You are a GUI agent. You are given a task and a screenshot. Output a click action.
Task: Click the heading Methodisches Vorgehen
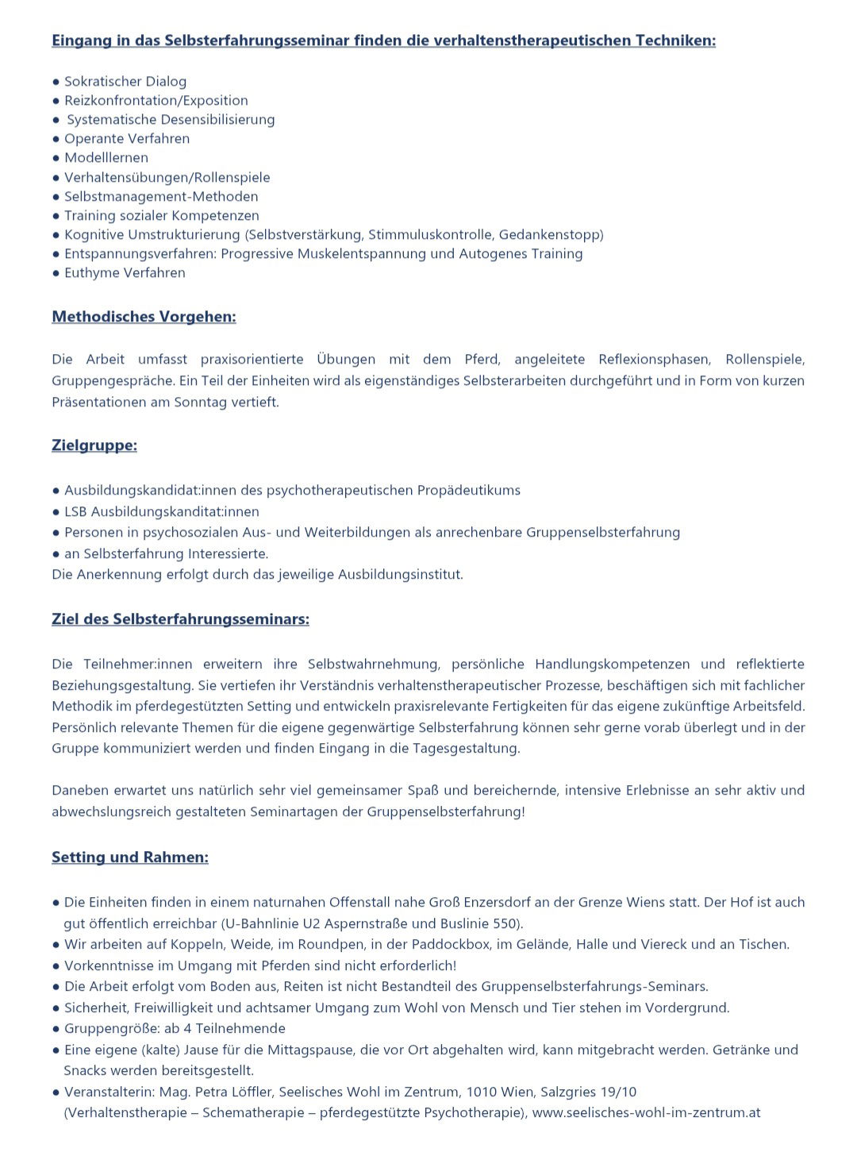point(144,317)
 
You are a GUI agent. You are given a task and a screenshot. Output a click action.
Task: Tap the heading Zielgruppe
point(94,445)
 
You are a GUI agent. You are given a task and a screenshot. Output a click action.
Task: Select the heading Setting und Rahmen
point(130,857)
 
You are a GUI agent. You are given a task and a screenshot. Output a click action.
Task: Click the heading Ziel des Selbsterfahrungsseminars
point(180,619)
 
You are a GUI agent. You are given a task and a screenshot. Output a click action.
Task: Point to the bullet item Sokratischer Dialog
point(125,82)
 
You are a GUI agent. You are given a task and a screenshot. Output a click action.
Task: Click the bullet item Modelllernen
point(106,158)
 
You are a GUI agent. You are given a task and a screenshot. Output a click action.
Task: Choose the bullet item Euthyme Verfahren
point(125,273)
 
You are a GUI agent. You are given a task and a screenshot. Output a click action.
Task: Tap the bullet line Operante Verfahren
point(127,139)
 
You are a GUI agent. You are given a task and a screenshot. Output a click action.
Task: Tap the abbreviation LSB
point(75,512)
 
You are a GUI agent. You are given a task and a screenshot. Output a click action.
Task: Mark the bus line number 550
point(504,924)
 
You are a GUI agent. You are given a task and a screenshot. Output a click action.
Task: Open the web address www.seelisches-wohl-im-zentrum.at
point(646,1113)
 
